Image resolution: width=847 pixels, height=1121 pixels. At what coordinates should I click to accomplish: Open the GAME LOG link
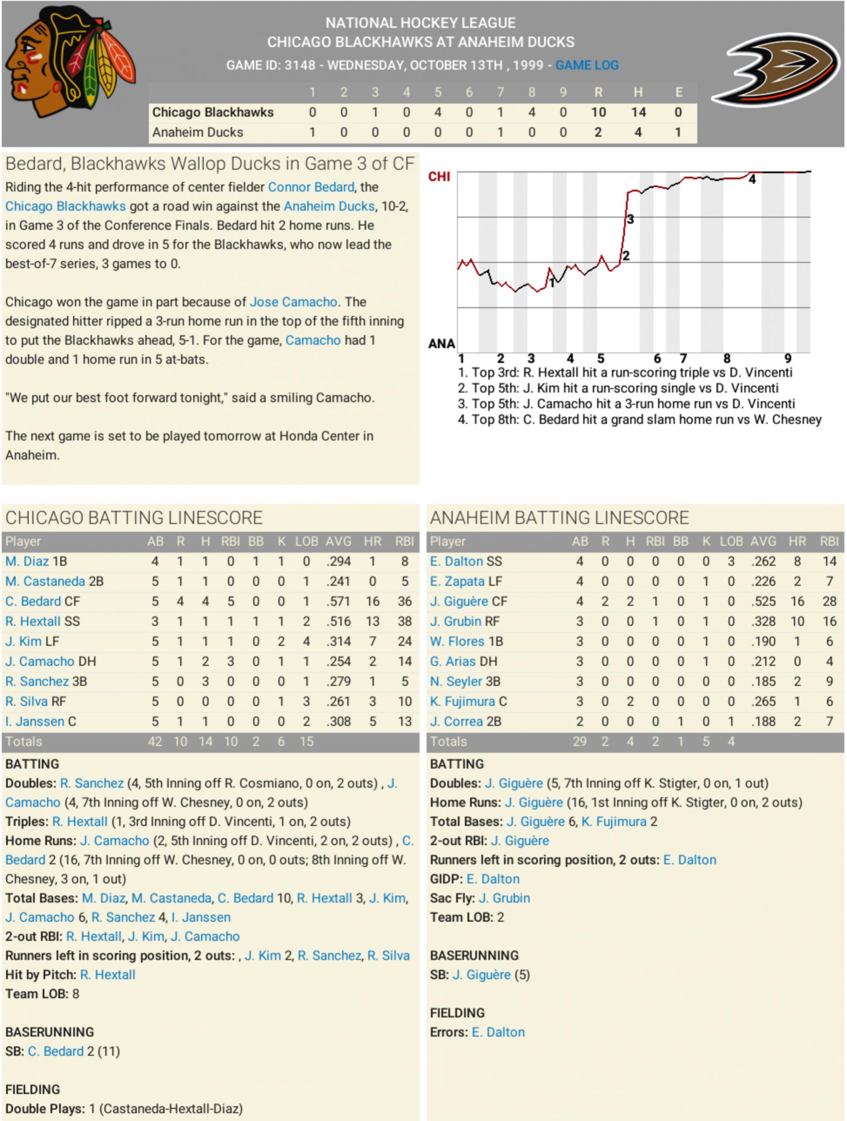click(587, 65)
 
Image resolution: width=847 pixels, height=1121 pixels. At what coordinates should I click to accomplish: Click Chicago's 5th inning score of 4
click(438, 112)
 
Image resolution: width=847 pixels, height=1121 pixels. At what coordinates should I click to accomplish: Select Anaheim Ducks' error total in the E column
click(678, 132)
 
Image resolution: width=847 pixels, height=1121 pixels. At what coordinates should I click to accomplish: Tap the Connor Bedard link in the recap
click(311, 187)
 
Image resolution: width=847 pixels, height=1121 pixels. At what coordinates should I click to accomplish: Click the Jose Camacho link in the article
click(294, 302)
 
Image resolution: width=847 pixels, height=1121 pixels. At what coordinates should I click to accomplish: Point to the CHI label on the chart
click(439, 176)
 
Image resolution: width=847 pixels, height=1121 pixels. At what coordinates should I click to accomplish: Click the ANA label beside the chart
click(442, 343)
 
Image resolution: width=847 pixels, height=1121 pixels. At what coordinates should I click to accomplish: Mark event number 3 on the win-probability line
click(630, 219)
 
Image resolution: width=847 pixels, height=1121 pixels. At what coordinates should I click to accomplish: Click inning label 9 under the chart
click(788, 358)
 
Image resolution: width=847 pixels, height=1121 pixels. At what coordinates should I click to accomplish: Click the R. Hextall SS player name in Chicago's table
click(43, 621)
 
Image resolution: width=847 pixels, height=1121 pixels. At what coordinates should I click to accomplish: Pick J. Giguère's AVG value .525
click(763, 602)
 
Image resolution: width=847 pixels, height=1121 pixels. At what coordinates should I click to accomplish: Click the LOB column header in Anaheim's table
click(731, 541)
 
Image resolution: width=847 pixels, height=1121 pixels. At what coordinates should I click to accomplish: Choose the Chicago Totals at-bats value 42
click(155, 741)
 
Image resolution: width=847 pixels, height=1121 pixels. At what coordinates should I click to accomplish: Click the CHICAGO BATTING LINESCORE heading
click(134, 518)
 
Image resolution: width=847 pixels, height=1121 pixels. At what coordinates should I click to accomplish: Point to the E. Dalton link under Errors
click(498, 1032)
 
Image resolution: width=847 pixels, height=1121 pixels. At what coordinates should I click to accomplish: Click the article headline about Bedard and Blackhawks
click(210, 164)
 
